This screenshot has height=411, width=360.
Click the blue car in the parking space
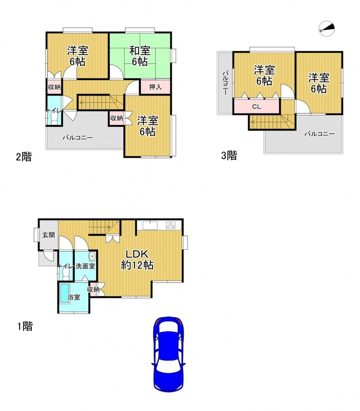[x=168, y=354]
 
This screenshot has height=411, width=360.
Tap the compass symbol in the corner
[x=327, y=28]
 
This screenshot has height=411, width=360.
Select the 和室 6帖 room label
[x=140, y=56]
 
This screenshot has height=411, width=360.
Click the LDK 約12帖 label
[x=137, y=259]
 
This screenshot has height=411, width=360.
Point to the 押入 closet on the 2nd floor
[x=155, y=87]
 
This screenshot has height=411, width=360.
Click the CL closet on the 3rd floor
[x=256, y=106]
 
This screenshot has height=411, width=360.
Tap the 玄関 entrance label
[x=49, y=235]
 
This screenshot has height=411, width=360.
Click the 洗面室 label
[x=85, y=266]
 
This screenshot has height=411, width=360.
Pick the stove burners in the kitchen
[x=170, y=226]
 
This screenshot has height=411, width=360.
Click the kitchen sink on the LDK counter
[x=150, y=225]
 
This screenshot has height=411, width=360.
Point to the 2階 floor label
[x=24, y=157]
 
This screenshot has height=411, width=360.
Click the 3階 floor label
[x=229, y=156]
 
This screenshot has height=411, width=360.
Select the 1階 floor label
[x=25, y=326]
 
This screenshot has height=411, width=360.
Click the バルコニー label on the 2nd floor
[x=78, y=138]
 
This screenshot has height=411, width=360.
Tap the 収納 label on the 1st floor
[x=93, y=289]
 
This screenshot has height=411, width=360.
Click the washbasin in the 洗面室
[x=92, y=256]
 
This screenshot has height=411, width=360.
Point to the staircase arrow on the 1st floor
[x=100, y=227]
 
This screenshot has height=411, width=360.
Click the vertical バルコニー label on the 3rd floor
[x=225, y=83]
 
